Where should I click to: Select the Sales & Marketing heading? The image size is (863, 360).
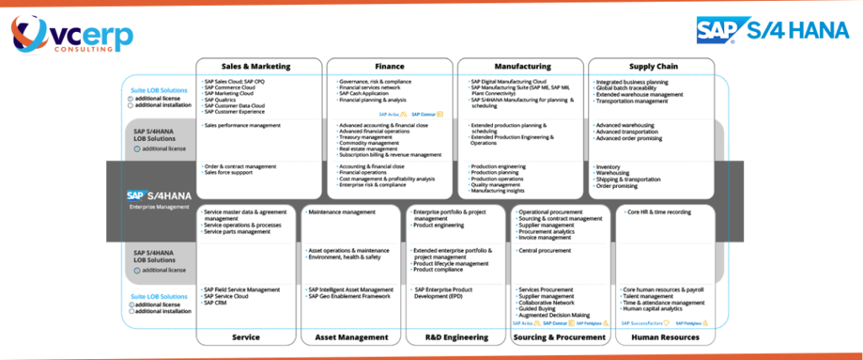(x=259, y=67)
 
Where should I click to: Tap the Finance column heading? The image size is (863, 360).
(x=389, y=67)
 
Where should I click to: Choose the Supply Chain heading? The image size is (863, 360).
(x=651, y=67)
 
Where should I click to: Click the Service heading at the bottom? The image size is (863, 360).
(x=245, y=337)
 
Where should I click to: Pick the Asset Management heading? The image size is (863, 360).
(x=351, y=337)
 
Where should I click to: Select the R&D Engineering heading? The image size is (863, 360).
(x=455, y=337)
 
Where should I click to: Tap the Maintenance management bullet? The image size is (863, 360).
(x=342, y=212)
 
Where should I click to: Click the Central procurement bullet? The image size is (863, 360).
(x=545, y=250)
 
